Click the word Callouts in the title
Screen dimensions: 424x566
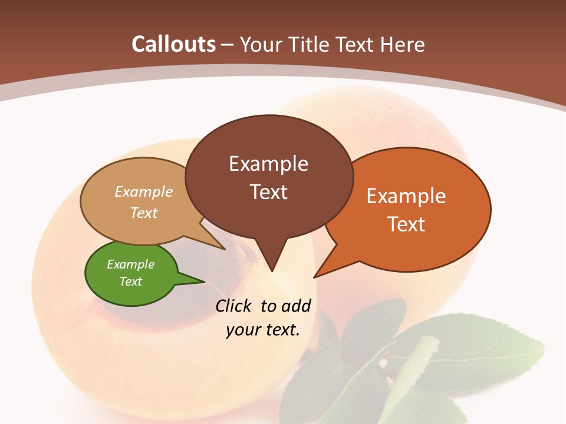[x=173, y=44]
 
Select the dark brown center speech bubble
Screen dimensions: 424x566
[x=269, y=177]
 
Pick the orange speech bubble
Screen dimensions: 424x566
[x=413, y=209]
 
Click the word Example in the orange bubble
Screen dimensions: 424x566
[x=406, y=196]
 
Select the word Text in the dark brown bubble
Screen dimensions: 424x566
[x=269, y=192]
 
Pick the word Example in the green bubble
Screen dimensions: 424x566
[x=131, y=264]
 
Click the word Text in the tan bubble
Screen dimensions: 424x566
[x=144, y=213]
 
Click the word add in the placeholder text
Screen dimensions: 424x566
[x=296, y=306]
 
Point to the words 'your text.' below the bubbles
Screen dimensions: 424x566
[x=263, y=330]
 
